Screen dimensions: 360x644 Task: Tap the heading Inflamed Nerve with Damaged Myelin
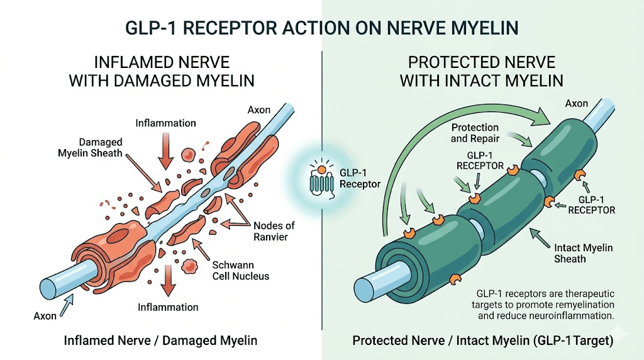pos(162,72)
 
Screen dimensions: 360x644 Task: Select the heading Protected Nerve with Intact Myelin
pos(482,72)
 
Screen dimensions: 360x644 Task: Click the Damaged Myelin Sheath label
pos(101,148)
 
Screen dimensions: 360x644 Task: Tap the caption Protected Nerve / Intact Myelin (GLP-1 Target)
pos(482,340)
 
